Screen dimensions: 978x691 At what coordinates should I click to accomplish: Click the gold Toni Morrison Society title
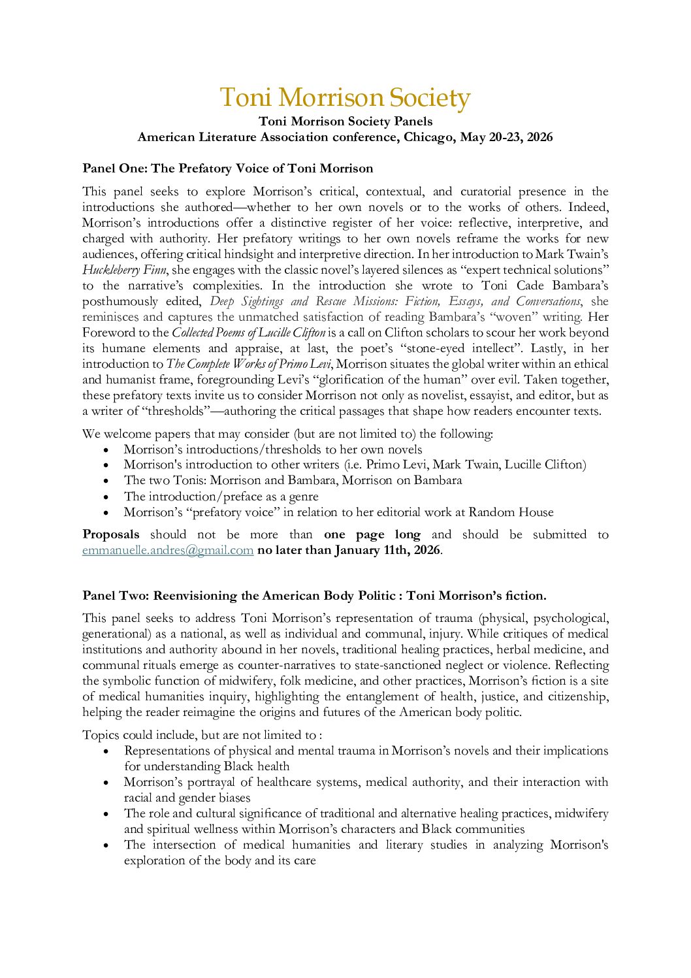pos(345,98)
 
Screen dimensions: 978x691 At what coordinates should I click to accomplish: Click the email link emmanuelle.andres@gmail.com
pos(168,550)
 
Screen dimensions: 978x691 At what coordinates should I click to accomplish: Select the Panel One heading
pos(227,169)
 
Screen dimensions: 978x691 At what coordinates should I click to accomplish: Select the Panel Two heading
pos(314,596)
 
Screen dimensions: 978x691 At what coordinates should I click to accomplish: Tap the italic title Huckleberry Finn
pos(124,270)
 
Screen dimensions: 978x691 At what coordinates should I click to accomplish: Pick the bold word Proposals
pos(110,534)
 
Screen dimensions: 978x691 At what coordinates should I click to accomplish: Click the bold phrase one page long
pos(372,534)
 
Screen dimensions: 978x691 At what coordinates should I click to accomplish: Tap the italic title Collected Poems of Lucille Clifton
pos(248,333)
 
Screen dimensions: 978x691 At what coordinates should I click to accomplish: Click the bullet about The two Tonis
pos(293,480)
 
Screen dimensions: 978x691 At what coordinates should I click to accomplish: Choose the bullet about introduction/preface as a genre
pos(221,497)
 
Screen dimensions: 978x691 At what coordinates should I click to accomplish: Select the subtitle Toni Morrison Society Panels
pos(345,122)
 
